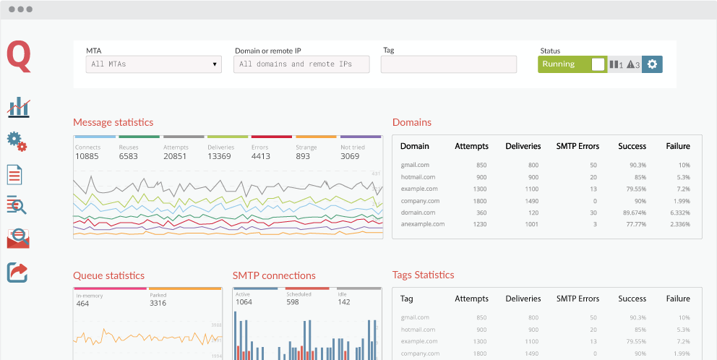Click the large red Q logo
coord(19,57)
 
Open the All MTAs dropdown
coord(153,64)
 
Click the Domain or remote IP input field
coord(301,64)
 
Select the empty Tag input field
coord(449,64)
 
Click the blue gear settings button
coord(652,64)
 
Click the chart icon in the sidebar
coord(18,108)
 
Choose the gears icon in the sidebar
coord(17,141)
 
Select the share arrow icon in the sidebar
coord(17,272)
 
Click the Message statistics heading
coord(113,122)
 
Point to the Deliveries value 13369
coord(220,156)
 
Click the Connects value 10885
coord(87,156)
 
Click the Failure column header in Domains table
coord(677,146)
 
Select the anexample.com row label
coord(423,224)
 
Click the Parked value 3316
coord(158,303)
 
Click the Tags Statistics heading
coord(423,275)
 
